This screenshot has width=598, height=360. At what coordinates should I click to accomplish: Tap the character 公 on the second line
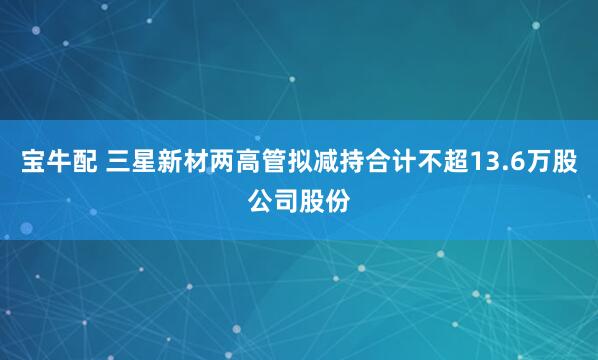260,199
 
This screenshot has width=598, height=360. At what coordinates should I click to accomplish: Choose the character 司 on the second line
286,199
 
